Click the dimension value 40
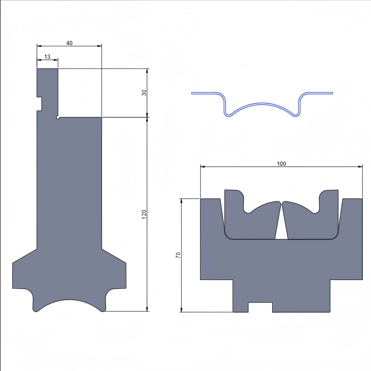coord(69,43)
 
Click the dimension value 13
coord(47,57)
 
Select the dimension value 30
coord(144,92)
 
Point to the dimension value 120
coord(144,214)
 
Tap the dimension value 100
coord(281,163)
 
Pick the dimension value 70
coord(178,255)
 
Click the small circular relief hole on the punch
coord(58,117)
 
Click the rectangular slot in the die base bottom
coord(260,307)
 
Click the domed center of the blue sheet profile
coord(262,104)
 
